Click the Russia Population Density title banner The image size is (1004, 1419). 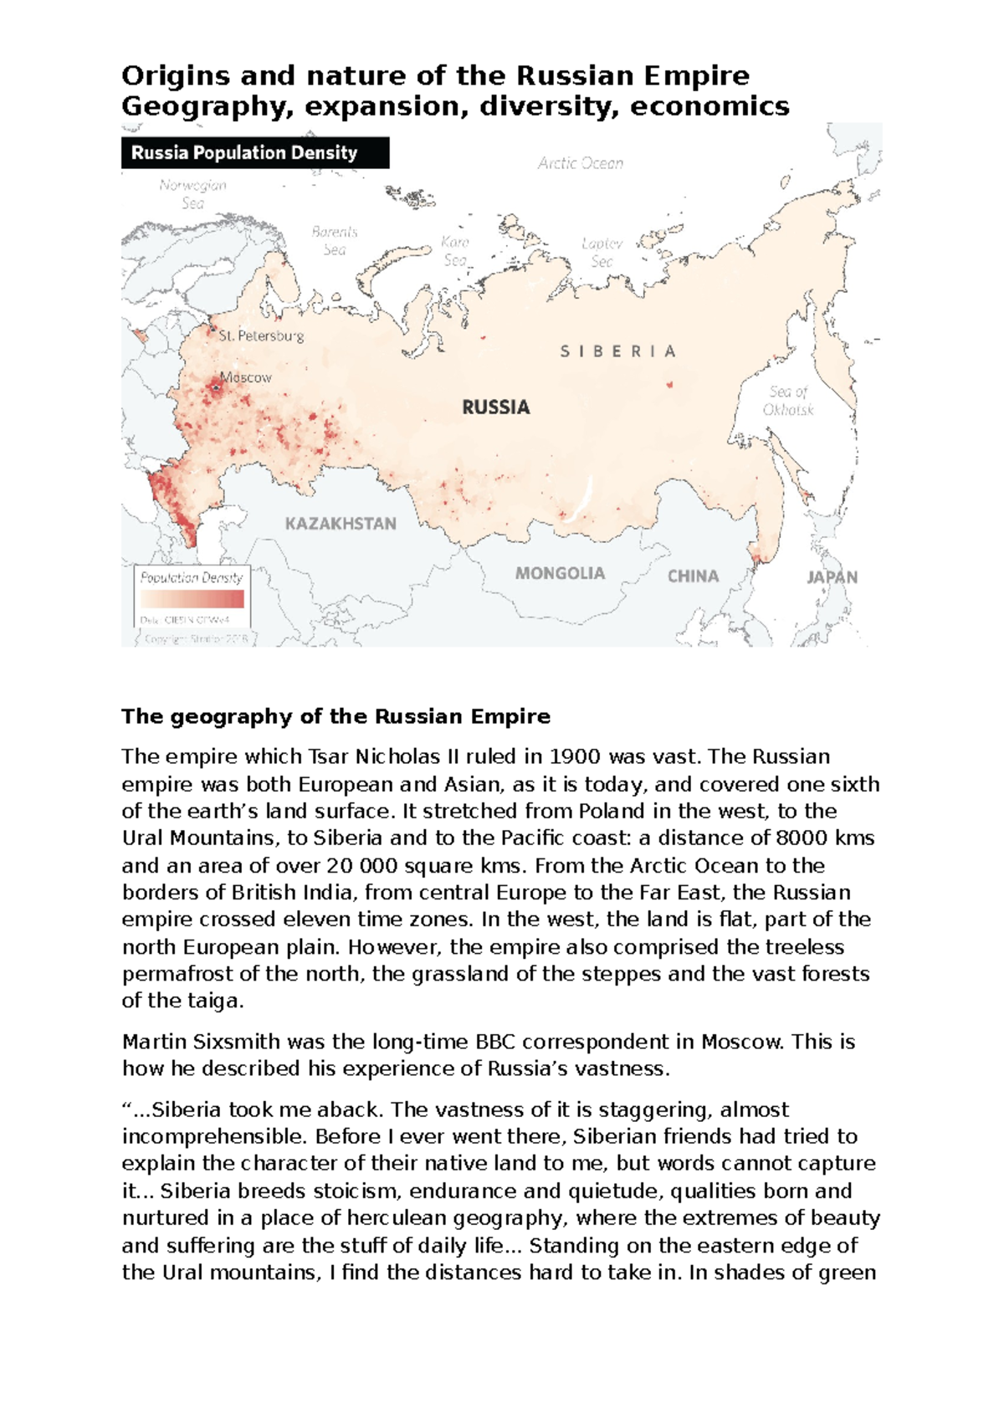click(x=254, y=152)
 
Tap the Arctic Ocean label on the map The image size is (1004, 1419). click(x=580, y=163)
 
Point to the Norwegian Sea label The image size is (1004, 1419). click(x=192, y=194)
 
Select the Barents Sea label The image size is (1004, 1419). click(x=335, y=240)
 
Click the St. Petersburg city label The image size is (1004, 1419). click(x=261, y=336)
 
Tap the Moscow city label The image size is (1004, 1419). click(x=247, y=377)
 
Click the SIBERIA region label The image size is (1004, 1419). click(x=617, y=351)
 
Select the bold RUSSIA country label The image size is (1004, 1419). click(x=496, y=407)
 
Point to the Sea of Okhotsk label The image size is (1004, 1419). click(x=788, y=400)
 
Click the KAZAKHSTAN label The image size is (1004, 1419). click(x=341, y=524)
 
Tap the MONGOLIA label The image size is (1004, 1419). click(x=560, y=573)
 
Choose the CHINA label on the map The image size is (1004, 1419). click(x=693, y=576)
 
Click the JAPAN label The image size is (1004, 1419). click(x=832, y=576)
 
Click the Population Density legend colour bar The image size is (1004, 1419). click(x=192, y=599)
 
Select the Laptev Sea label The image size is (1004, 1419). click(x=602, y=252)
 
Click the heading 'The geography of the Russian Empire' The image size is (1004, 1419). click(x=336, y=716)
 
